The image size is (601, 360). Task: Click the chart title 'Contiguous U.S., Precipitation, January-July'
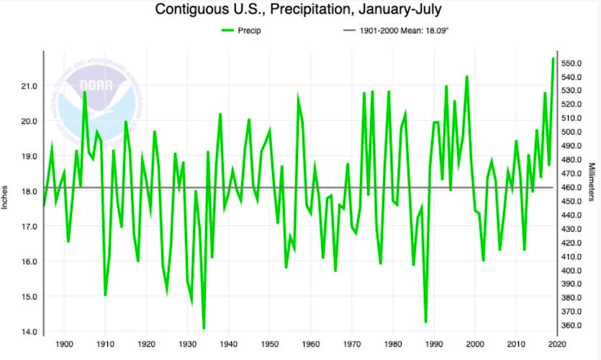[300, 11]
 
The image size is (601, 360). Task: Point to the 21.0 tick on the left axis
[29, 86]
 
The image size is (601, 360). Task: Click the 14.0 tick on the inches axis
[29, 332]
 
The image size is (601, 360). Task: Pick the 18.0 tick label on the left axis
[29, 192]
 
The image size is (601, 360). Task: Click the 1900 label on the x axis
[64, 345]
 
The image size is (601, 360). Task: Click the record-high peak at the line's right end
[553, 58]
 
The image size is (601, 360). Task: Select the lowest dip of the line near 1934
[204, 328]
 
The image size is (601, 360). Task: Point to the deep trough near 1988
[426, 322]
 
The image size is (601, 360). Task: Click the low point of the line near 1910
[105, 294]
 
